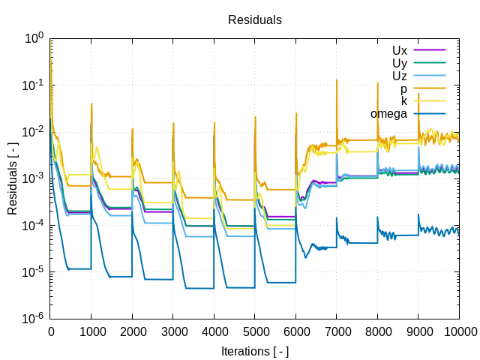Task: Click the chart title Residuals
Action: coord(255,20)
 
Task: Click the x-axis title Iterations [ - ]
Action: coord(255,351)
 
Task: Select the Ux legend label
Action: coord(399,50)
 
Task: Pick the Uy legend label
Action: coord(399,63)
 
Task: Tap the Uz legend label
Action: coord(399,76)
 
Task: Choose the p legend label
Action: coord(403,88)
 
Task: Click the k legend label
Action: coord(403,101)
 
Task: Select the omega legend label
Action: coord(388,114)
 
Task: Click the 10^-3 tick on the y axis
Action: coord(34,178)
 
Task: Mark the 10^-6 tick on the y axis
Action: coord(34,319)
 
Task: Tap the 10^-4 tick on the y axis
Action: coord(34,225)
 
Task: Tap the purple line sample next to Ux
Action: coord(430,50)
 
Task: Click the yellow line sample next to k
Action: coord(430,101)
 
